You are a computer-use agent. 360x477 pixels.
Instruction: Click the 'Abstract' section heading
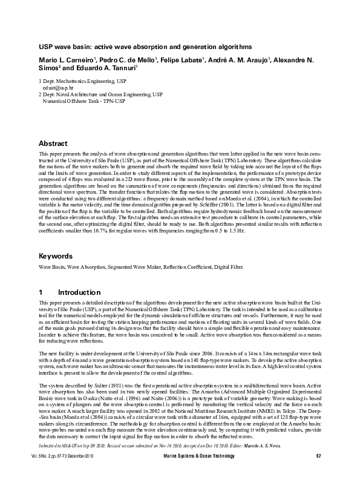tap(53, 143)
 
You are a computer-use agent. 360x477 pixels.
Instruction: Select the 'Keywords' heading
tap(55, 256)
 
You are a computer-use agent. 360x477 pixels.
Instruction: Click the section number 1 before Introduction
tap(41, 291)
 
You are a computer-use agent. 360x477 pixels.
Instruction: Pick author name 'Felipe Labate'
tap(182, 61)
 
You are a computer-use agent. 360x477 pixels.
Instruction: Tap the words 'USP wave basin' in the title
tap(64, 46)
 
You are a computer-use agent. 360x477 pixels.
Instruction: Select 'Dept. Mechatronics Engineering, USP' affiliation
tap(84, 81)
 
